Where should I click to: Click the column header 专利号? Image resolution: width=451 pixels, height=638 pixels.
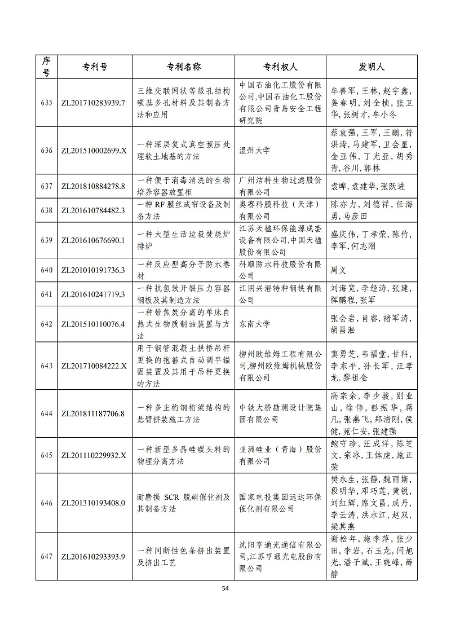tap(92, 67)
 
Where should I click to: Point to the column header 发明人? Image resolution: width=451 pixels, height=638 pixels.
tap(372, 67)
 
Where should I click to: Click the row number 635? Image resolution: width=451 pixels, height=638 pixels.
tap(47, 103)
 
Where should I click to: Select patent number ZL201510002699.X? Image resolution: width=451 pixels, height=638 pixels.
tap(92, 151)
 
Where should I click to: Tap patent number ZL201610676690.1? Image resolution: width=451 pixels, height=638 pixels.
tap(92, 240)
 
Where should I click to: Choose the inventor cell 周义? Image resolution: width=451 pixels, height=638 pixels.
tap(338, 270)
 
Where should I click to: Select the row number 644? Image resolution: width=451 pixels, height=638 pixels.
tap(47, 413)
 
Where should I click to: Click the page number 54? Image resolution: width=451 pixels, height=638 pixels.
tap(225, 588)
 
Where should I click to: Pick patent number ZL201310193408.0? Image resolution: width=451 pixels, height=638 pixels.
tap(92, 503)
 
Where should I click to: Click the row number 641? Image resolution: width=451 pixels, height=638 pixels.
tap(47, 294)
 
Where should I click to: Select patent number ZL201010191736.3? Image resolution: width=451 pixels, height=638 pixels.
tap(92, 270)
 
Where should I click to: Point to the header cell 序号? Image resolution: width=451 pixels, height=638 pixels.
tap(47, 67)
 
